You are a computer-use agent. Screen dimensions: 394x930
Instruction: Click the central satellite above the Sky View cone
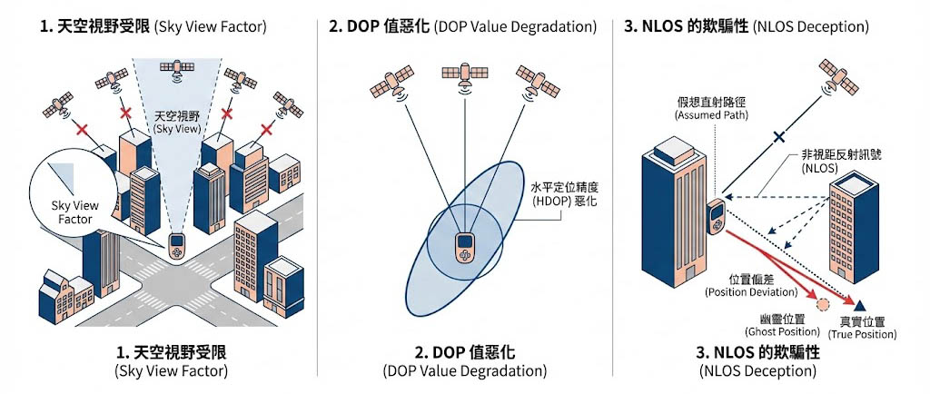coord(174,67)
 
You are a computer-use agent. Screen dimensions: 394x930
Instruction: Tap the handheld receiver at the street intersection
coord(177,244)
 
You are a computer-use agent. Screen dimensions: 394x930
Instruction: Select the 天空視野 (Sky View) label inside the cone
coord(175,123)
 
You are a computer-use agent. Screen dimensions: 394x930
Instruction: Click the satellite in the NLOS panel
coord(837,77)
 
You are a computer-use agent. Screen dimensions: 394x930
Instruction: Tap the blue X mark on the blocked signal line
coord(777,139)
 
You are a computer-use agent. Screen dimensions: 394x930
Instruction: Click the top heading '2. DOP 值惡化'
coord(462,25)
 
